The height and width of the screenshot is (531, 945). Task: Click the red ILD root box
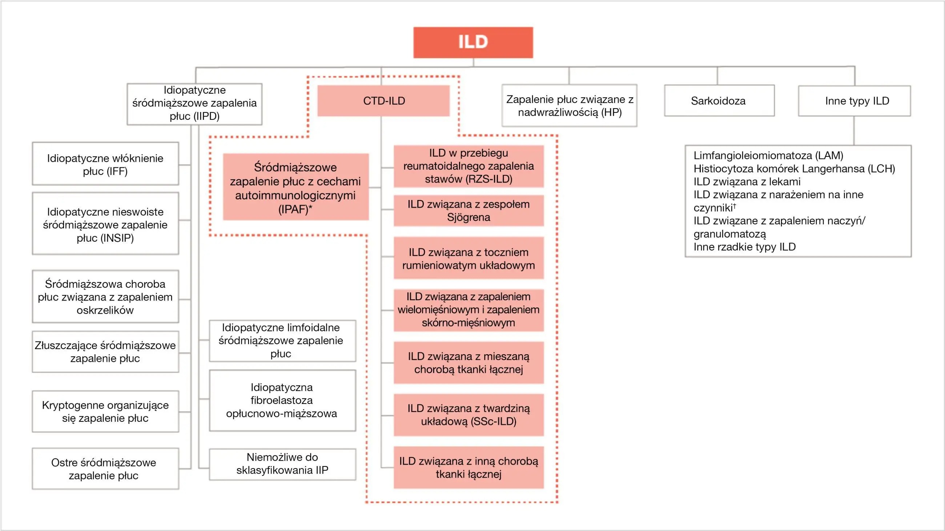coord(473,42)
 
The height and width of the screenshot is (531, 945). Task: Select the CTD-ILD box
coord(383,101)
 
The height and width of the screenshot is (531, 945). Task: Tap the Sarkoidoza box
coord(719,101)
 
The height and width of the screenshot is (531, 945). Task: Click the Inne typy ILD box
coord(854,101)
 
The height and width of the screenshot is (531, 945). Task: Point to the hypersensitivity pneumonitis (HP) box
coord(569,106)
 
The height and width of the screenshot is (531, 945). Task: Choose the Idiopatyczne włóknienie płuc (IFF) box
coord(105,164)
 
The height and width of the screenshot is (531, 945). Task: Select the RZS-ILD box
coord(469,166)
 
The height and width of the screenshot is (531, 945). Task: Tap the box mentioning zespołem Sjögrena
coord(469,211)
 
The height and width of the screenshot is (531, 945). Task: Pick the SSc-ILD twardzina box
coord(469,415)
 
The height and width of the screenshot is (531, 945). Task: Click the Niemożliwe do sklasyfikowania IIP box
coord(282,464)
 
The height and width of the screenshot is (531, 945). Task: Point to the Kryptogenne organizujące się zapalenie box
coord(105,412)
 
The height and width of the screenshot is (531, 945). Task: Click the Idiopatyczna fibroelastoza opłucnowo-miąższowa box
coord(282,400)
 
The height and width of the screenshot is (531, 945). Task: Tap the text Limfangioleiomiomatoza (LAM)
coord(768,156)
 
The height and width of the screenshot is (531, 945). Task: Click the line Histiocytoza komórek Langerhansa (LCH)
coord(794,169)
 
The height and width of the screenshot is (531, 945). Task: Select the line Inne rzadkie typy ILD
coord(744,247)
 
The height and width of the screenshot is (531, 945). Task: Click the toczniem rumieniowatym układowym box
coord(469,258)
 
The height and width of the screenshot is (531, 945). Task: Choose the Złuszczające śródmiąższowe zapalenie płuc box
coord(105,352)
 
